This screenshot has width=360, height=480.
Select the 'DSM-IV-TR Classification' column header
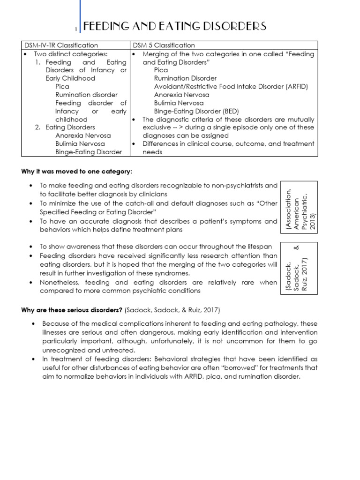61,45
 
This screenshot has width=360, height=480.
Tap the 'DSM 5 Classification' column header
164,45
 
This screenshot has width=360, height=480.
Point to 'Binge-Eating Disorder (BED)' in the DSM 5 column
196,111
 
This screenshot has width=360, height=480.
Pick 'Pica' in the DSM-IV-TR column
62,87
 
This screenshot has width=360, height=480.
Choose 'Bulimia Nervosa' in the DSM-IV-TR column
80,144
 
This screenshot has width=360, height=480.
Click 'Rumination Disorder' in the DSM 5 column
186,78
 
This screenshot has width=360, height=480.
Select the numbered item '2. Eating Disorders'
65,127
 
